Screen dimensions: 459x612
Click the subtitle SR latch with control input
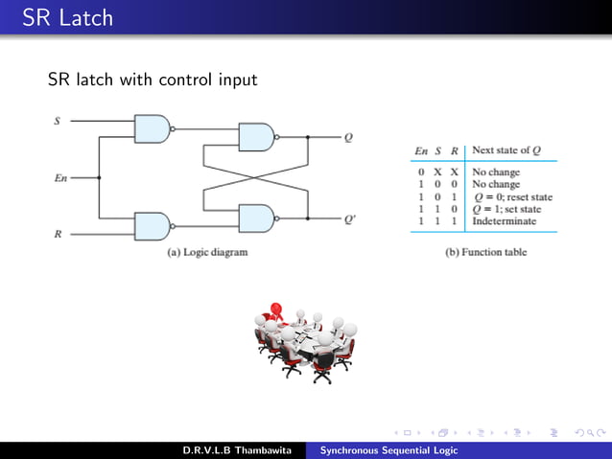153,80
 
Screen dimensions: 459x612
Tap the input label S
55,122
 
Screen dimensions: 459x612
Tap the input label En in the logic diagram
59,177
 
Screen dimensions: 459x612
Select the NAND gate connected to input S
153,128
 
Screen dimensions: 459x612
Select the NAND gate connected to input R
153,225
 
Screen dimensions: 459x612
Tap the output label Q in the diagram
348,137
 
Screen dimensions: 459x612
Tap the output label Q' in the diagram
350,218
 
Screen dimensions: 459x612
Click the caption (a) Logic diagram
207,252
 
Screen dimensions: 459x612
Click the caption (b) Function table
486,252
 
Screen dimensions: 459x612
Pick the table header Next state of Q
510,151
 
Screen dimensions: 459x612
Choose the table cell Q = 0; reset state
511,196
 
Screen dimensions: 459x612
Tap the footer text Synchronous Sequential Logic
388,449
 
